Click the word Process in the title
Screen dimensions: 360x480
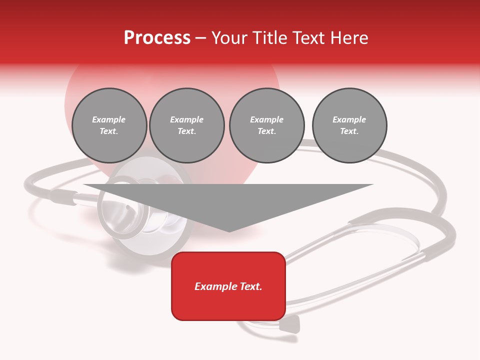(x=157, y=38)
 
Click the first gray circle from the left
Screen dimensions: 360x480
(x=109, y=125)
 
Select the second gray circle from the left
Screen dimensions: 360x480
(x=187, y=125)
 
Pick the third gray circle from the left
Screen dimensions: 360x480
(x=266, y=125)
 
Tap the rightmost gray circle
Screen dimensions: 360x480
(x=349, y=125)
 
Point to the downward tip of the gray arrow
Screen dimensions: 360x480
(x=229, y=230)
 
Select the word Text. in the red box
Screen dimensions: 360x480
(x=250, y=286)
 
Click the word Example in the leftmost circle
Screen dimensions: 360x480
(x=109, y=119)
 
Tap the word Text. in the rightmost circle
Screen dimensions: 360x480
(x=349, y=131)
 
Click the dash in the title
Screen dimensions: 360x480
(x=201, y=38)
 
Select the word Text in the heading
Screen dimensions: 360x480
(x=309, y=38)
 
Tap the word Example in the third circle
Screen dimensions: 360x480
(x=266, y=119)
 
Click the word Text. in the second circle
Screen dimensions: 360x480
(x=187, y=131)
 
